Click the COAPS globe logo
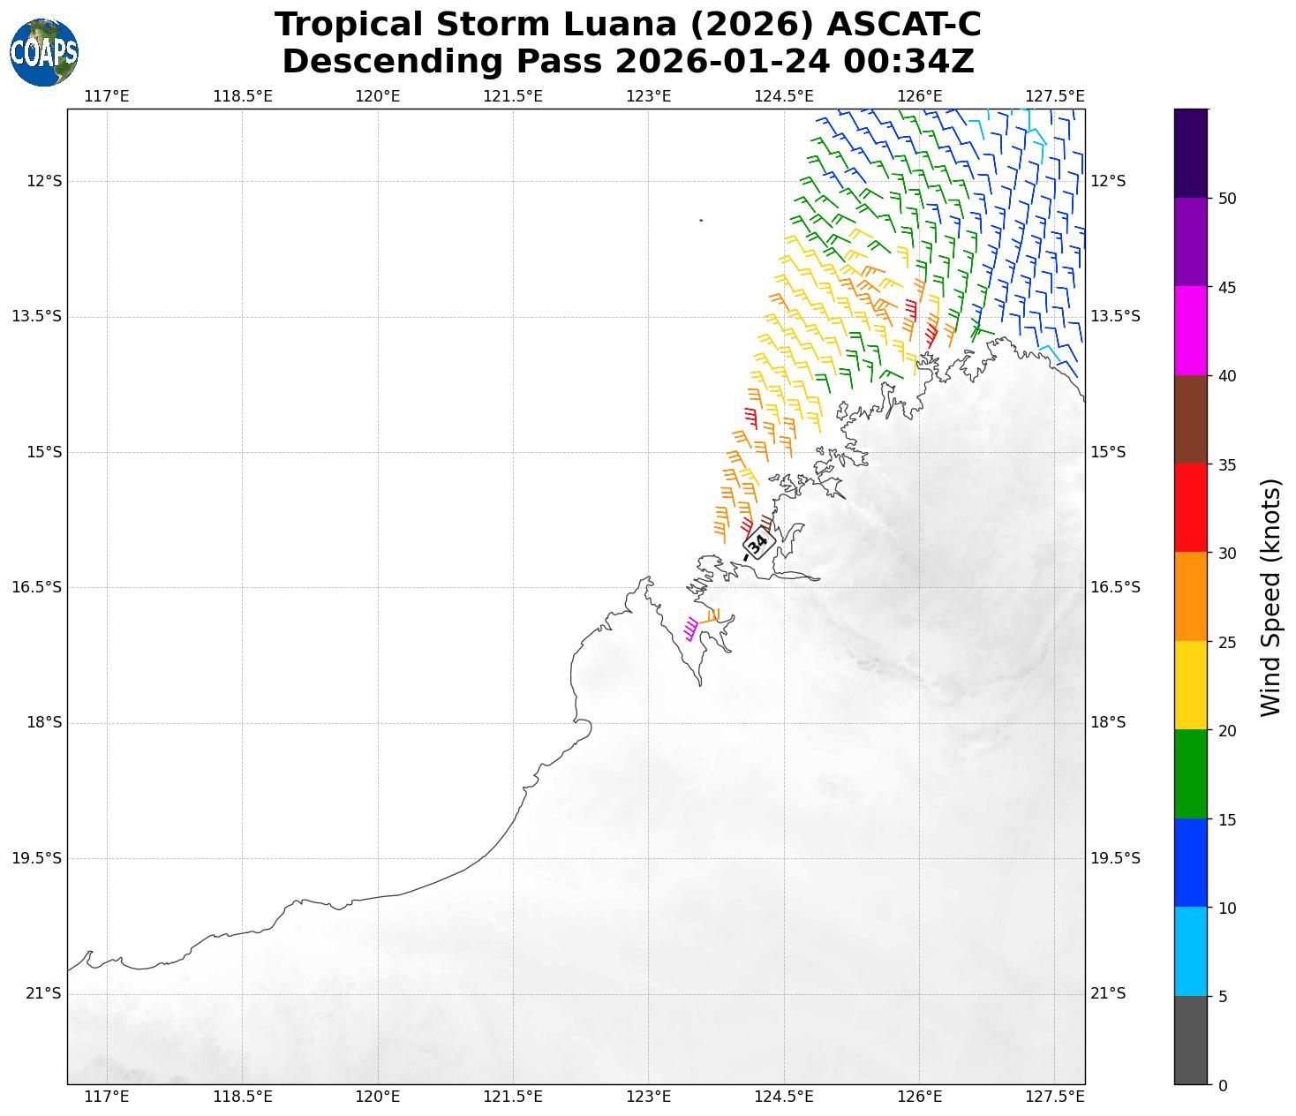[44, 53]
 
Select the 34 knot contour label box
[757, 542]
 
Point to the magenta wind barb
[690, 629]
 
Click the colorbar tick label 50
[1226, 199]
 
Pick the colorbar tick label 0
[1222, 1085]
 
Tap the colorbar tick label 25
[1226, 642]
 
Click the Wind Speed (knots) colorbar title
[1270, 597]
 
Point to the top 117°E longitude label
[107, 96]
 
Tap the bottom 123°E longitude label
[648, 1097]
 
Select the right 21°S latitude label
[1108, 994]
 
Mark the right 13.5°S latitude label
[1115, 317]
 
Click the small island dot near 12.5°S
[701, 220]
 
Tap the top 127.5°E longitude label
[1054, 96]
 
